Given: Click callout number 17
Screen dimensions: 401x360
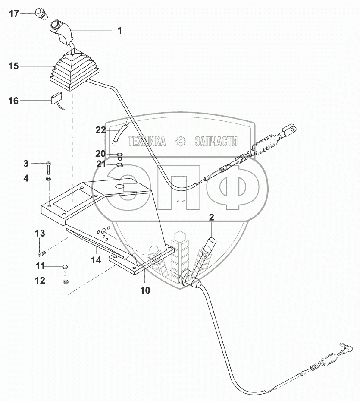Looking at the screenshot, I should tap(14, 14).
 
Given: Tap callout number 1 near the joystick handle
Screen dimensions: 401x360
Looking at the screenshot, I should tap(120, 31).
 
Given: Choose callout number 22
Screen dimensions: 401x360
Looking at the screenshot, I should tap(100, 130).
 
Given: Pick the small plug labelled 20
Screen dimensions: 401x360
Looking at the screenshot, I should tap(120, 155).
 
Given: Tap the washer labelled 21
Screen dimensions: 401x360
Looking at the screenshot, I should tap(120, 164).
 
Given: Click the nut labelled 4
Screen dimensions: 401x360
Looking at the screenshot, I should tap(49, 178).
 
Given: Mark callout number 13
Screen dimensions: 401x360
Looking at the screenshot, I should tap(40, 233).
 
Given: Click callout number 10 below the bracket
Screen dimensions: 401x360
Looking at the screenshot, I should tap(145, 290).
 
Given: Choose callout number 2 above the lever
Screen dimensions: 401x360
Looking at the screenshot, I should tap(212, 217).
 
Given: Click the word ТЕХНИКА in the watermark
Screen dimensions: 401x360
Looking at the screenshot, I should tap(147, 141).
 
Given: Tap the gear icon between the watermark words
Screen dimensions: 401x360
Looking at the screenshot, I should tap(180, 141).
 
